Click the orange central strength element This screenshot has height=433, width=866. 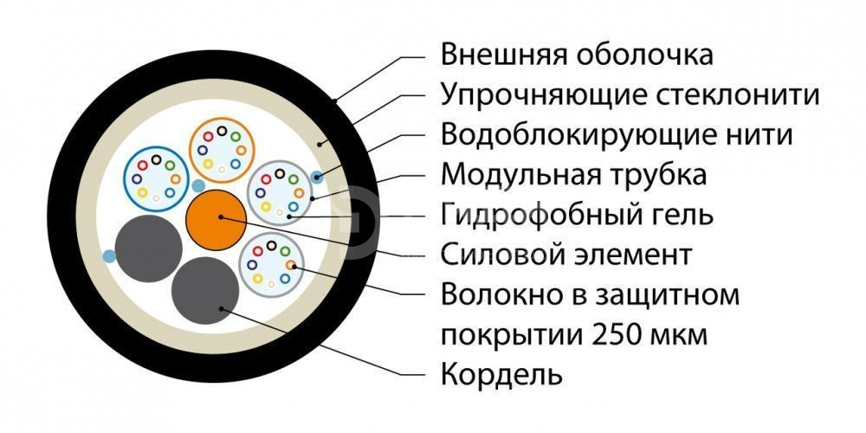tap(216, 220)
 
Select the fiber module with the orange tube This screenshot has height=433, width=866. tap(222, 150)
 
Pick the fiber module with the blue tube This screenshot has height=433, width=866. tap(156, 179)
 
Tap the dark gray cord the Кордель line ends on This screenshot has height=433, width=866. tap(205, 290)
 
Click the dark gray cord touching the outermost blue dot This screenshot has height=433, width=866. tap(149, 249)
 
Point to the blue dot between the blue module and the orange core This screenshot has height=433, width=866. tap(197, 185)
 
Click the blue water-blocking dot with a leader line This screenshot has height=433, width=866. tap(317, 178)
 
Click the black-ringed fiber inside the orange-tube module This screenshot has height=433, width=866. tap(222, 131)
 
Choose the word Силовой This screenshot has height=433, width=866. tap(491, 255)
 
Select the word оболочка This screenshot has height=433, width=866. tap(643, 55)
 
